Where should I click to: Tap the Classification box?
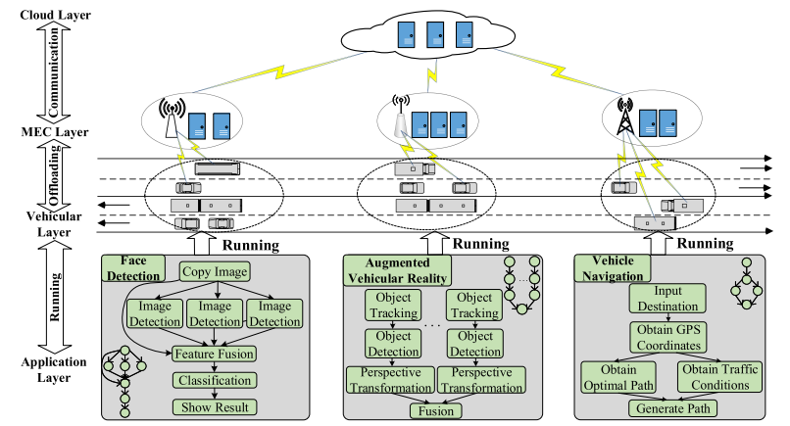214,381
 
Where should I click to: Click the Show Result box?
214,405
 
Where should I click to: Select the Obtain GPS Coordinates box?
667,340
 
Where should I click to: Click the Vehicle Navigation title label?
614,269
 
